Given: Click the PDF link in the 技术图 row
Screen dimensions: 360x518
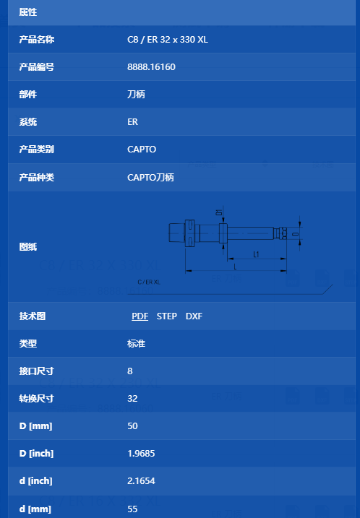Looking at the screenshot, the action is tap(140, 316).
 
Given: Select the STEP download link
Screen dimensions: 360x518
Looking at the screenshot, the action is tap(166, 316).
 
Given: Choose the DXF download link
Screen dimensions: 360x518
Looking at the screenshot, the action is tap(194, 316).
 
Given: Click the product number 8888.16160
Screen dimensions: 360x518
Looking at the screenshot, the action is tap(151, 67).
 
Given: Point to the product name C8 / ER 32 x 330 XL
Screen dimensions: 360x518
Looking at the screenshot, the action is tap(168, 40).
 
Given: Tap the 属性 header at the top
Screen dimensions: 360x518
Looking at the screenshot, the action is tap(28, 12).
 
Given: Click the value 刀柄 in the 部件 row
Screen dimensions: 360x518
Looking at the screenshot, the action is tap(136, 95).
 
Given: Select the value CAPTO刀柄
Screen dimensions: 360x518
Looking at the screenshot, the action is tap(151, 178).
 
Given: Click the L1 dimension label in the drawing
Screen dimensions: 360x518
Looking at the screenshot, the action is tap(256, 254).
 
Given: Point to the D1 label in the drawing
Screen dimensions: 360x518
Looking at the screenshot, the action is tap(219, 212).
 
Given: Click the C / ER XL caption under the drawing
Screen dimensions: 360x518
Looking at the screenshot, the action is tap(149, 282).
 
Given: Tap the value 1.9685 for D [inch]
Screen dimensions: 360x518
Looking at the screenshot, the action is tap(141, 453).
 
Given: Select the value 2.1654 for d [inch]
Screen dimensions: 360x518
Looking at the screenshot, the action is tap(141, 480).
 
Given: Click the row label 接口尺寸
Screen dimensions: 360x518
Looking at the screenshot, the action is tap(37, 371).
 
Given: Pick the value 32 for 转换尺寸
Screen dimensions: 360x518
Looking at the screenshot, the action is tap(132, 398).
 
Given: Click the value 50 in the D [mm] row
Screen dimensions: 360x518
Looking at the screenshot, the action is tap(132, 426).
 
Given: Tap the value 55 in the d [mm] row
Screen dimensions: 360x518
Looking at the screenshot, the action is tap(132, 509).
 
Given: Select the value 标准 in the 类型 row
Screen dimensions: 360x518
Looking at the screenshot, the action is tap(136, 344).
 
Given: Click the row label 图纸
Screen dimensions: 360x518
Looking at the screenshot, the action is tap(28, 247).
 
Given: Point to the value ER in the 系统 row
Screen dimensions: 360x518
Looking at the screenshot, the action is tap(132, 122).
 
